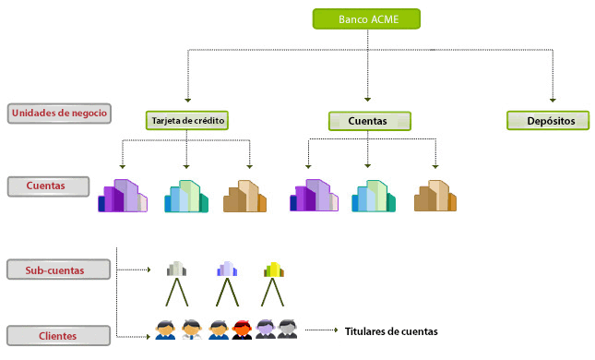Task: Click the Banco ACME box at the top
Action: coord(366,18)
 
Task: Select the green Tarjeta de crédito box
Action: coord(186,120)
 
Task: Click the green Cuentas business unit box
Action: coord(370,121)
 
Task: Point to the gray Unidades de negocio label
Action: coord(60,114)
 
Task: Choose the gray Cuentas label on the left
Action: coord(48,186)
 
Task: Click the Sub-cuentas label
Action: coord(59,270)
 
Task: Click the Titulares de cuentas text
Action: coord(391,331)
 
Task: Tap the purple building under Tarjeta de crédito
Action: coord(122,197)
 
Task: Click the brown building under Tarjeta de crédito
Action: coord(245,197)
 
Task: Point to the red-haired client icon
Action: coord(244,329)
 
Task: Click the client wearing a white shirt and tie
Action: coord(191,329)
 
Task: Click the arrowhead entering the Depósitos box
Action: coord(553,99)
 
